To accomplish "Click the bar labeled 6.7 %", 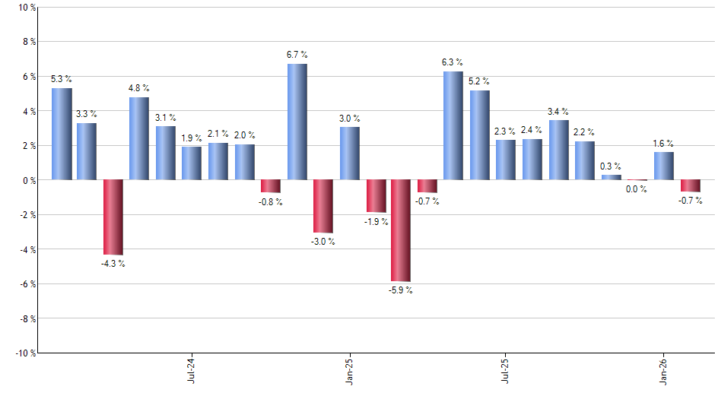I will coord(297,122).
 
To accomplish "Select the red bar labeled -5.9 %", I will coord(401,230).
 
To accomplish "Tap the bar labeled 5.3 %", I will coord(62,134).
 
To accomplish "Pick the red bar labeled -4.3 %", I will coord(113,217).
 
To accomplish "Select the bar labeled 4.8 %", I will coord(139,138).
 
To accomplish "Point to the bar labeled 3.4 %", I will coord(558,150).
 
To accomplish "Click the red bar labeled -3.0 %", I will coord(323,206).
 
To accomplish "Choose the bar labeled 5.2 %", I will coord(479,135).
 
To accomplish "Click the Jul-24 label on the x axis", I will coord(190,369).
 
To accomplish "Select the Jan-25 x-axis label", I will coord(349,369).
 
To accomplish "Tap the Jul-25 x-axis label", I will coord(505,369).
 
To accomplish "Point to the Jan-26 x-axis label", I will coord(663,369).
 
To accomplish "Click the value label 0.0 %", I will coord(637,190).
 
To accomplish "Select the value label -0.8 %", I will coord(270,202).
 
